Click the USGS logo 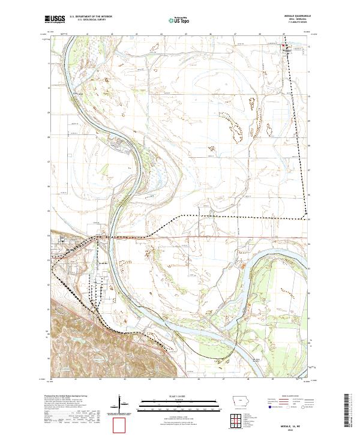[x=55, y=19]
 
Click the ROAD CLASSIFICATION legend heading [x=291, y=397]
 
